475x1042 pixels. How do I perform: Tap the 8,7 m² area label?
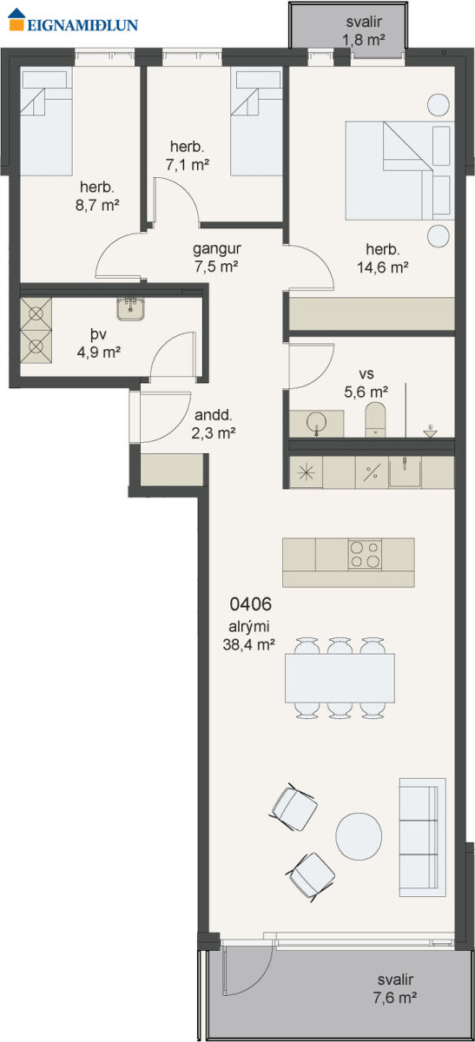(x=98, y=205)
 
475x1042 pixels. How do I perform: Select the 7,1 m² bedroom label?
(x=187, y=164)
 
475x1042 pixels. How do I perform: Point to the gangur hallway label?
(x=217, y=249)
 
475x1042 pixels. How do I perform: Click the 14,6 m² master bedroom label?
(x=383, y=267)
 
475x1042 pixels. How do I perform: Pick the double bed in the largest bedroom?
(x=399, y=170)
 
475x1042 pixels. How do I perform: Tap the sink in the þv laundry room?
(x=130, y=308)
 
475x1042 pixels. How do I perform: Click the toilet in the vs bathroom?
(x=375, y=419)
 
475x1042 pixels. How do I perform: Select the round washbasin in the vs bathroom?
(x=316, y=423)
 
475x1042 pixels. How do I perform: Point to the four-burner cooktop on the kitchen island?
(x=365, y=555)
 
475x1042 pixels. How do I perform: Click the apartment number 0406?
(x=250, y=604)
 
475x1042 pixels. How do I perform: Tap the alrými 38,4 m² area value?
(x=249, y=644)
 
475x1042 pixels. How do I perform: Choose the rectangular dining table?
(x=340, y=678)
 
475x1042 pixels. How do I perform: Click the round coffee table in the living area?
(x=360, y=836)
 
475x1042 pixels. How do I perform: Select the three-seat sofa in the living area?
(x=422, y=837)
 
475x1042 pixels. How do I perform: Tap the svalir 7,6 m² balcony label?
(x=395, y=988)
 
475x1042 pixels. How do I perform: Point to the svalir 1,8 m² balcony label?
(x=364, y=30)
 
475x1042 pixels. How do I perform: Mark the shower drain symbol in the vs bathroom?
(x=431, y=431)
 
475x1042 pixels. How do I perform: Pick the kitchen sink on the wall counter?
(x=405, y=472)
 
